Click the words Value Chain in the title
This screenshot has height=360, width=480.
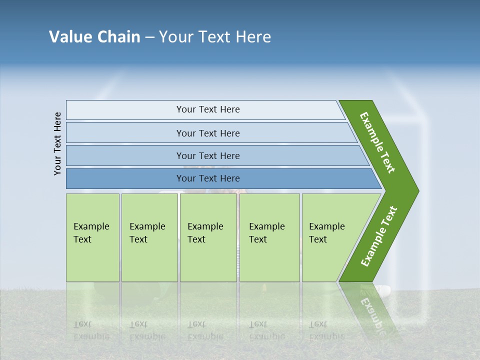(94, 37)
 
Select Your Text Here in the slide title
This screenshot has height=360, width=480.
(215, 37)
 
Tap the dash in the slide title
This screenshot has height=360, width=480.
(149, 37)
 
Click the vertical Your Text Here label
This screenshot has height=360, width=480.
(58, 143)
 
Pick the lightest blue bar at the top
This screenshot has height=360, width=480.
(207, 109)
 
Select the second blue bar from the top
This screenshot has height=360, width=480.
(207, 133)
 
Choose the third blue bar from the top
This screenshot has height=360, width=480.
(207, 155)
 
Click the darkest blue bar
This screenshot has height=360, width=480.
(207, 178)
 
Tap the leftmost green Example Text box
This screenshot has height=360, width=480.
(92, 237)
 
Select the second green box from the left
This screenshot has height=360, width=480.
(149, 237)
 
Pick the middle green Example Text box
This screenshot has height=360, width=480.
(208, 237)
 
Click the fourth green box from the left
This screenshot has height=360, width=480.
(269, 237)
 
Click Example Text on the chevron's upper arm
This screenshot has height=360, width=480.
(377, 142)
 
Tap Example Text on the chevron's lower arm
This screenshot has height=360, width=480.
(379, 236)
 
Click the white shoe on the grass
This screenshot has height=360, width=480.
(383, 289)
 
